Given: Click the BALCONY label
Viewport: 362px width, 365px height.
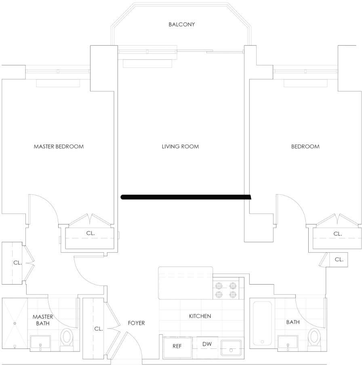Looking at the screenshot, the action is (x=181, y=25).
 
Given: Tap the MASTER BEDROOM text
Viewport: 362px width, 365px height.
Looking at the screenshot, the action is (x=59, y=147).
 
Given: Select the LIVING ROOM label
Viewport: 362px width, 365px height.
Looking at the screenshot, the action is (x=180, y=147).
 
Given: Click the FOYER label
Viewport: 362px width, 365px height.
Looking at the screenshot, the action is (x=136, y=323).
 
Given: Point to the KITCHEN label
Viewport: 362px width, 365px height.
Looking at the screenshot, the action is (x=200, y=316).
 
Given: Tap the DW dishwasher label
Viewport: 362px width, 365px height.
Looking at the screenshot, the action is (x=207, y=344).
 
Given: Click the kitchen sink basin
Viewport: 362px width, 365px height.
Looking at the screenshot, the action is (x=231, y=348).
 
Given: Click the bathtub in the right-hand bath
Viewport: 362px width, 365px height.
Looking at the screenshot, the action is (x=262, y=323).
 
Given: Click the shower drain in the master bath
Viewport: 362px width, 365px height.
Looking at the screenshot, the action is (x=15, y=323).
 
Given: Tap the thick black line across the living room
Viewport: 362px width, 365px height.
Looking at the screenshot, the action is (x=186, y=197).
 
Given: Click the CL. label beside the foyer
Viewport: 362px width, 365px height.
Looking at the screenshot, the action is (x=98, y=329).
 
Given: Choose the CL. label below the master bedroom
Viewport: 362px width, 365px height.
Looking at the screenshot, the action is (x=90, y=233).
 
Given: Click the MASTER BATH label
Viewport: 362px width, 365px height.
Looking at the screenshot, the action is (x=43, y=320).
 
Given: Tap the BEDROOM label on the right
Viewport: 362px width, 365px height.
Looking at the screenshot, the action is (x=305, y=147).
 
